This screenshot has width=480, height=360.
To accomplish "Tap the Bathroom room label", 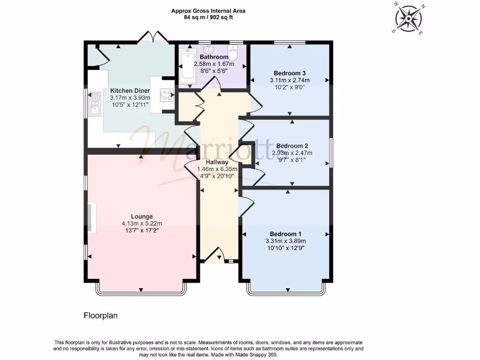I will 213,57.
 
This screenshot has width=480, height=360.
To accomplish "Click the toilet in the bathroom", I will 233,53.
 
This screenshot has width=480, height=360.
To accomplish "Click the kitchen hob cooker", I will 167,96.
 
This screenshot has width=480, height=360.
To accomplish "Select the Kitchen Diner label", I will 130,91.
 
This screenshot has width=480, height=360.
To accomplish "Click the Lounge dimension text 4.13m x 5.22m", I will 142,224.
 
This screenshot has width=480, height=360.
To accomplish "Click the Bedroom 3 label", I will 290,73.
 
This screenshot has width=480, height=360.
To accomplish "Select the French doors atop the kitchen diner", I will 154,37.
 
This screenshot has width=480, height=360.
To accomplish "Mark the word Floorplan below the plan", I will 100,315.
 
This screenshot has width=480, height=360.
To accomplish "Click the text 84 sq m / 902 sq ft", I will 208,17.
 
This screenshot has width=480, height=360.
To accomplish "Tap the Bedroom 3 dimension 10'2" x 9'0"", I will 290,87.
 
